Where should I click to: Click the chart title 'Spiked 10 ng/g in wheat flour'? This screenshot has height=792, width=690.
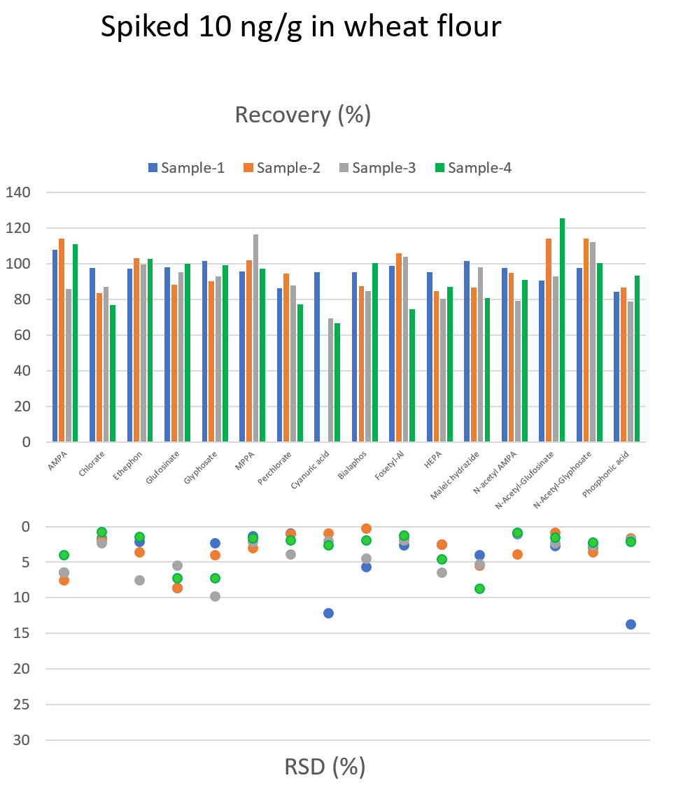click(x=301, y=27)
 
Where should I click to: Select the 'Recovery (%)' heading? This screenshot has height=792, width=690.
click(x=302, y=114)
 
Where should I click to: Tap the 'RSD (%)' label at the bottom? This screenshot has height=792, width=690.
click(x=325, y=767)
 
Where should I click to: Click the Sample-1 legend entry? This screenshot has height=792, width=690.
click(x=186, y=168)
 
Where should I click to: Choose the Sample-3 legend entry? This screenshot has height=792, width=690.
click(x=377, y=168)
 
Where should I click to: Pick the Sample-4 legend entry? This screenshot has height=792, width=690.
click(x=473, y=168)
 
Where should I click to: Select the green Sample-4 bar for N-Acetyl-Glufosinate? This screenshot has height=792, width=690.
click(x=562, y=330)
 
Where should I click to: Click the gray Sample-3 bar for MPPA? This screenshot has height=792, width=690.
click(x=255, y=338)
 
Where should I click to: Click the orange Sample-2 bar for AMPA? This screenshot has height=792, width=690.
click(x=62, y=340)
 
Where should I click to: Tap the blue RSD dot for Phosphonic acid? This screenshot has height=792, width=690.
click(x=631, y=624)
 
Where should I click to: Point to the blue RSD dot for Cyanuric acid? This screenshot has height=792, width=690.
click(x=328, y=613)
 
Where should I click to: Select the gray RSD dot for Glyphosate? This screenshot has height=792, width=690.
click(x=215, y=596)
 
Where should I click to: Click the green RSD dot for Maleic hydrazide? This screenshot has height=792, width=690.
click(x=479, y=588)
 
